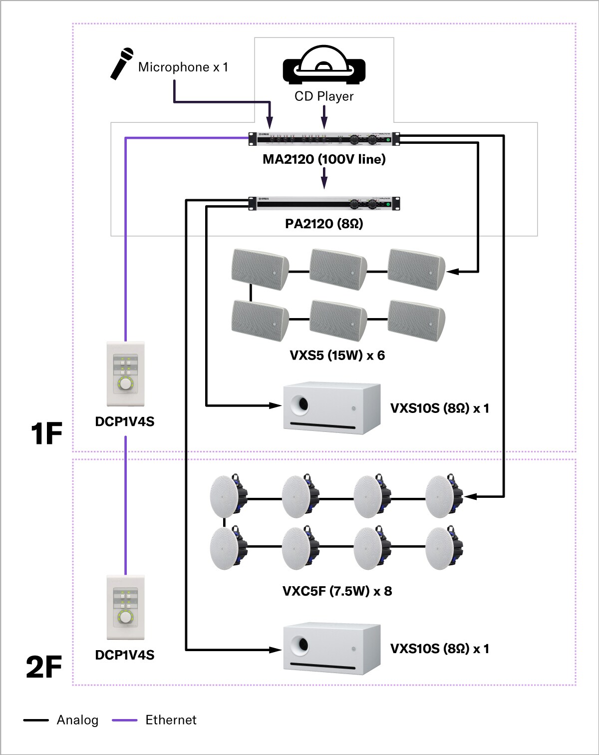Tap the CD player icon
(x=324, y=65)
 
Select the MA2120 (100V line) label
(x=324, y=159)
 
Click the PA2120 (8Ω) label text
(x=324, y=224)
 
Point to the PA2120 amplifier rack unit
(x=324, y=203)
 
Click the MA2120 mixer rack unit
(x=324, y=139)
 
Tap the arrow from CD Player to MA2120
(x=324, y=118)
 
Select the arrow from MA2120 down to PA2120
(x=324, y=178)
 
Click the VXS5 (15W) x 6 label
(x=337, y=356)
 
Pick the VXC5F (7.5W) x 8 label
(x=337, y=591)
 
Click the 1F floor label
(x=46, y=433)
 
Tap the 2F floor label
(x=44, y=667)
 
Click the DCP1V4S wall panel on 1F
(x=125, y=374)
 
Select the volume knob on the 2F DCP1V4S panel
(x=125, y=617)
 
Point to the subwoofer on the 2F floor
(x=332, y=648)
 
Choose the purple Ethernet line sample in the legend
(x=124, y=720)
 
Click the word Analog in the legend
(x=77, y=720)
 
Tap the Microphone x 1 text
(x=183, y=67)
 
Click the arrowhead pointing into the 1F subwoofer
(x=276, y=405)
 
